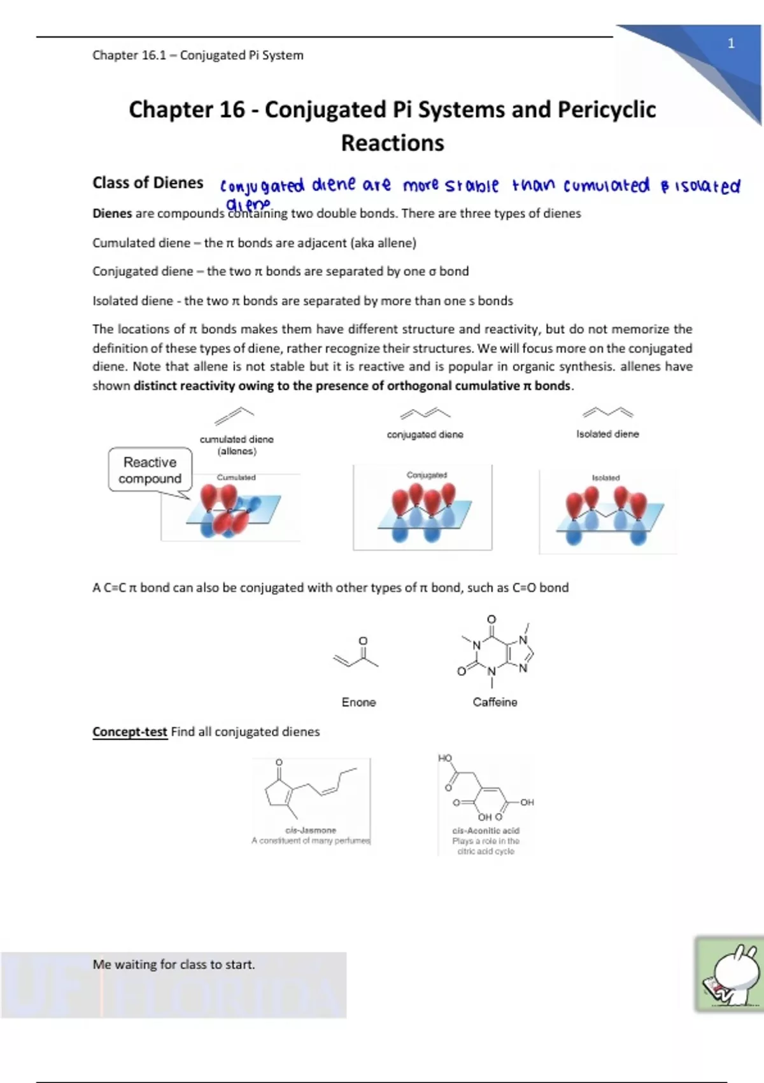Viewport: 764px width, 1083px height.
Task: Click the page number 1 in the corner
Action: pos(731,43)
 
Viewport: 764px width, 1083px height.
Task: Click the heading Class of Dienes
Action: pos(148,183)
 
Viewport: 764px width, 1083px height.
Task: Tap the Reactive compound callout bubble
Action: pos(150,471)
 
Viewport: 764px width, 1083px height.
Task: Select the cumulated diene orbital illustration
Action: pos(230,508)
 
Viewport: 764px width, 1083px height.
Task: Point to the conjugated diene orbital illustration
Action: pos(423,508)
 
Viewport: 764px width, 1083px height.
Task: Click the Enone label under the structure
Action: pos(358,702)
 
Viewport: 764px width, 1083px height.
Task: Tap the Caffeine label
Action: pos(495,702)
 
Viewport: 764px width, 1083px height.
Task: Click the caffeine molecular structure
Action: pos(497,652)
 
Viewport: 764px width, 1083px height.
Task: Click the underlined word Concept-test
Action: pos(130,732)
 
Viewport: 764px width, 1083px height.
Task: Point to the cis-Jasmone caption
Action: pos(311,831)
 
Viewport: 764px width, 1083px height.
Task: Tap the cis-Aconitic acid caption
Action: pos(486,831)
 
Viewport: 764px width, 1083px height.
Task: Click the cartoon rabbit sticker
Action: pos(730,975)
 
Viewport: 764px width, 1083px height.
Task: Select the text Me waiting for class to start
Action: pos(174,965)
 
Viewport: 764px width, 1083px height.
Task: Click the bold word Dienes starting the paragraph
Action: pos(112,213)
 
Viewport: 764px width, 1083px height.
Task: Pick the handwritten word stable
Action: pos(472,186)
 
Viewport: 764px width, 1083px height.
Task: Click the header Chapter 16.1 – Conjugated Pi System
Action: pos(198,55)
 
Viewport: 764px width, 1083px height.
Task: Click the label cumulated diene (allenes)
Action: pos(237,445)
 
